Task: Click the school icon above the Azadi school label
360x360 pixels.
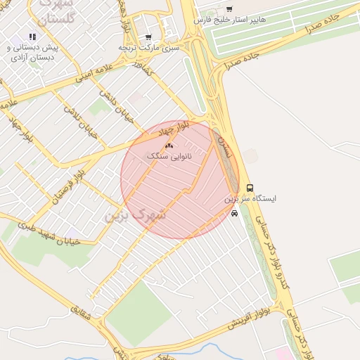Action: click(32, 36)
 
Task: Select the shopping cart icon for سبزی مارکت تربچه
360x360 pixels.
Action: click(148, 37)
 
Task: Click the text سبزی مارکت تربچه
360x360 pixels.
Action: click(149, 47)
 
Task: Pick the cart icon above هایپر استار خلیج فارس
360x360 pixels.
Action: click(229, 10)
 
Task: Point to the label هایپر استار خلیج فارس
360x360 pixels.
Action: click(231, 20)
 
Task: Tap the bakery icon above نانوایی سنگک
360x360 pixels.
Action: click(168, 146)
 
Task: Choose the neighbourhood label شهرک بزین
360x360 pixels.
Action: click(135, 214)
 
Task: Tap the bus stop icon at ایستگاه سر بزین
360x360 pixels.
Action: click(250, 188)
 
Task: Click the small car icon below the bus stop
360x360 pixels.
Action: click(233, 214)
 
